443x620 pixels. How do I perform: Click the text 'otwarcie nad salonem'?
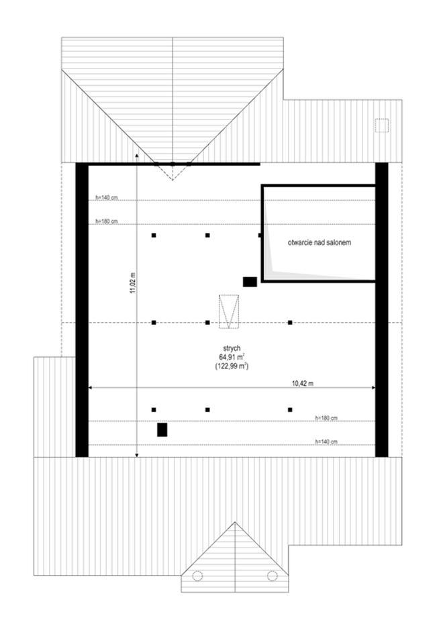click(x=319, y=242)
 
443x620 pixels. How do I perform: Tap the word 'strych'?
click(x=232, y=348)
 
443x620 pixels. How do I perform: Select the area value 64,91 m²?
click(x=232, y=357)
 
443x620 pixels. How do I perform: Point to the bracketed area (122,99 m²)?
click(x=232, y=366)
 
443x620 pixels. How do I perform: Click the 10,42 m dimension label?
click(x=303, y=383)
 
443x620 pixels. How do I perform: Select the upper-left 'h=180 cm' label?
click(x=107, y=221)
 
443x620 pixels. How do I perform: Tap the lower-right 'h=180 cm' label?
click(x=326, y=417)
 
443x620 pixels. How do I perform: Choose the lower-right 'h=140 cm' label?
click(x=326, y=442)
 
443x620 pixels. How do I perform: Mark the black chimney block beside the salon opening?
click(x=250, y=282)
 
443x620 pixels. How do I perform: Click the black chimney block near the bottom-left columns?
click(x=162, y=430)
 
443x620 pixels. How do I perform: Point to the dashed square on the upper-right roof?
click(x=382, y=125)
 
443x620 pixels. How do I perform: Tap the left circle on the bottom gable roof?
click(x=197, y=576)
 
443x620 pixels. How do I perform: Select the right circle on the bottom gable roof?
click(x=272, y=576)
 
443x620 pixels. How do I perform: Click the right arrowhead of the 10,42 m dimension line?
click(x=373, y=389)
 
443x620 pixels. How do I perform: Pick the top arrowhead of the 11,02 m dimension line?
click(x=136, y=156)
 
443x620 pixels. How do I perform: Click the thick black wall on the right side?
click(x=382, y=310)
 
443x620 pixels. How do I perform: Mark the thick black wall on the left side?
click(x=82, y=310)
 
